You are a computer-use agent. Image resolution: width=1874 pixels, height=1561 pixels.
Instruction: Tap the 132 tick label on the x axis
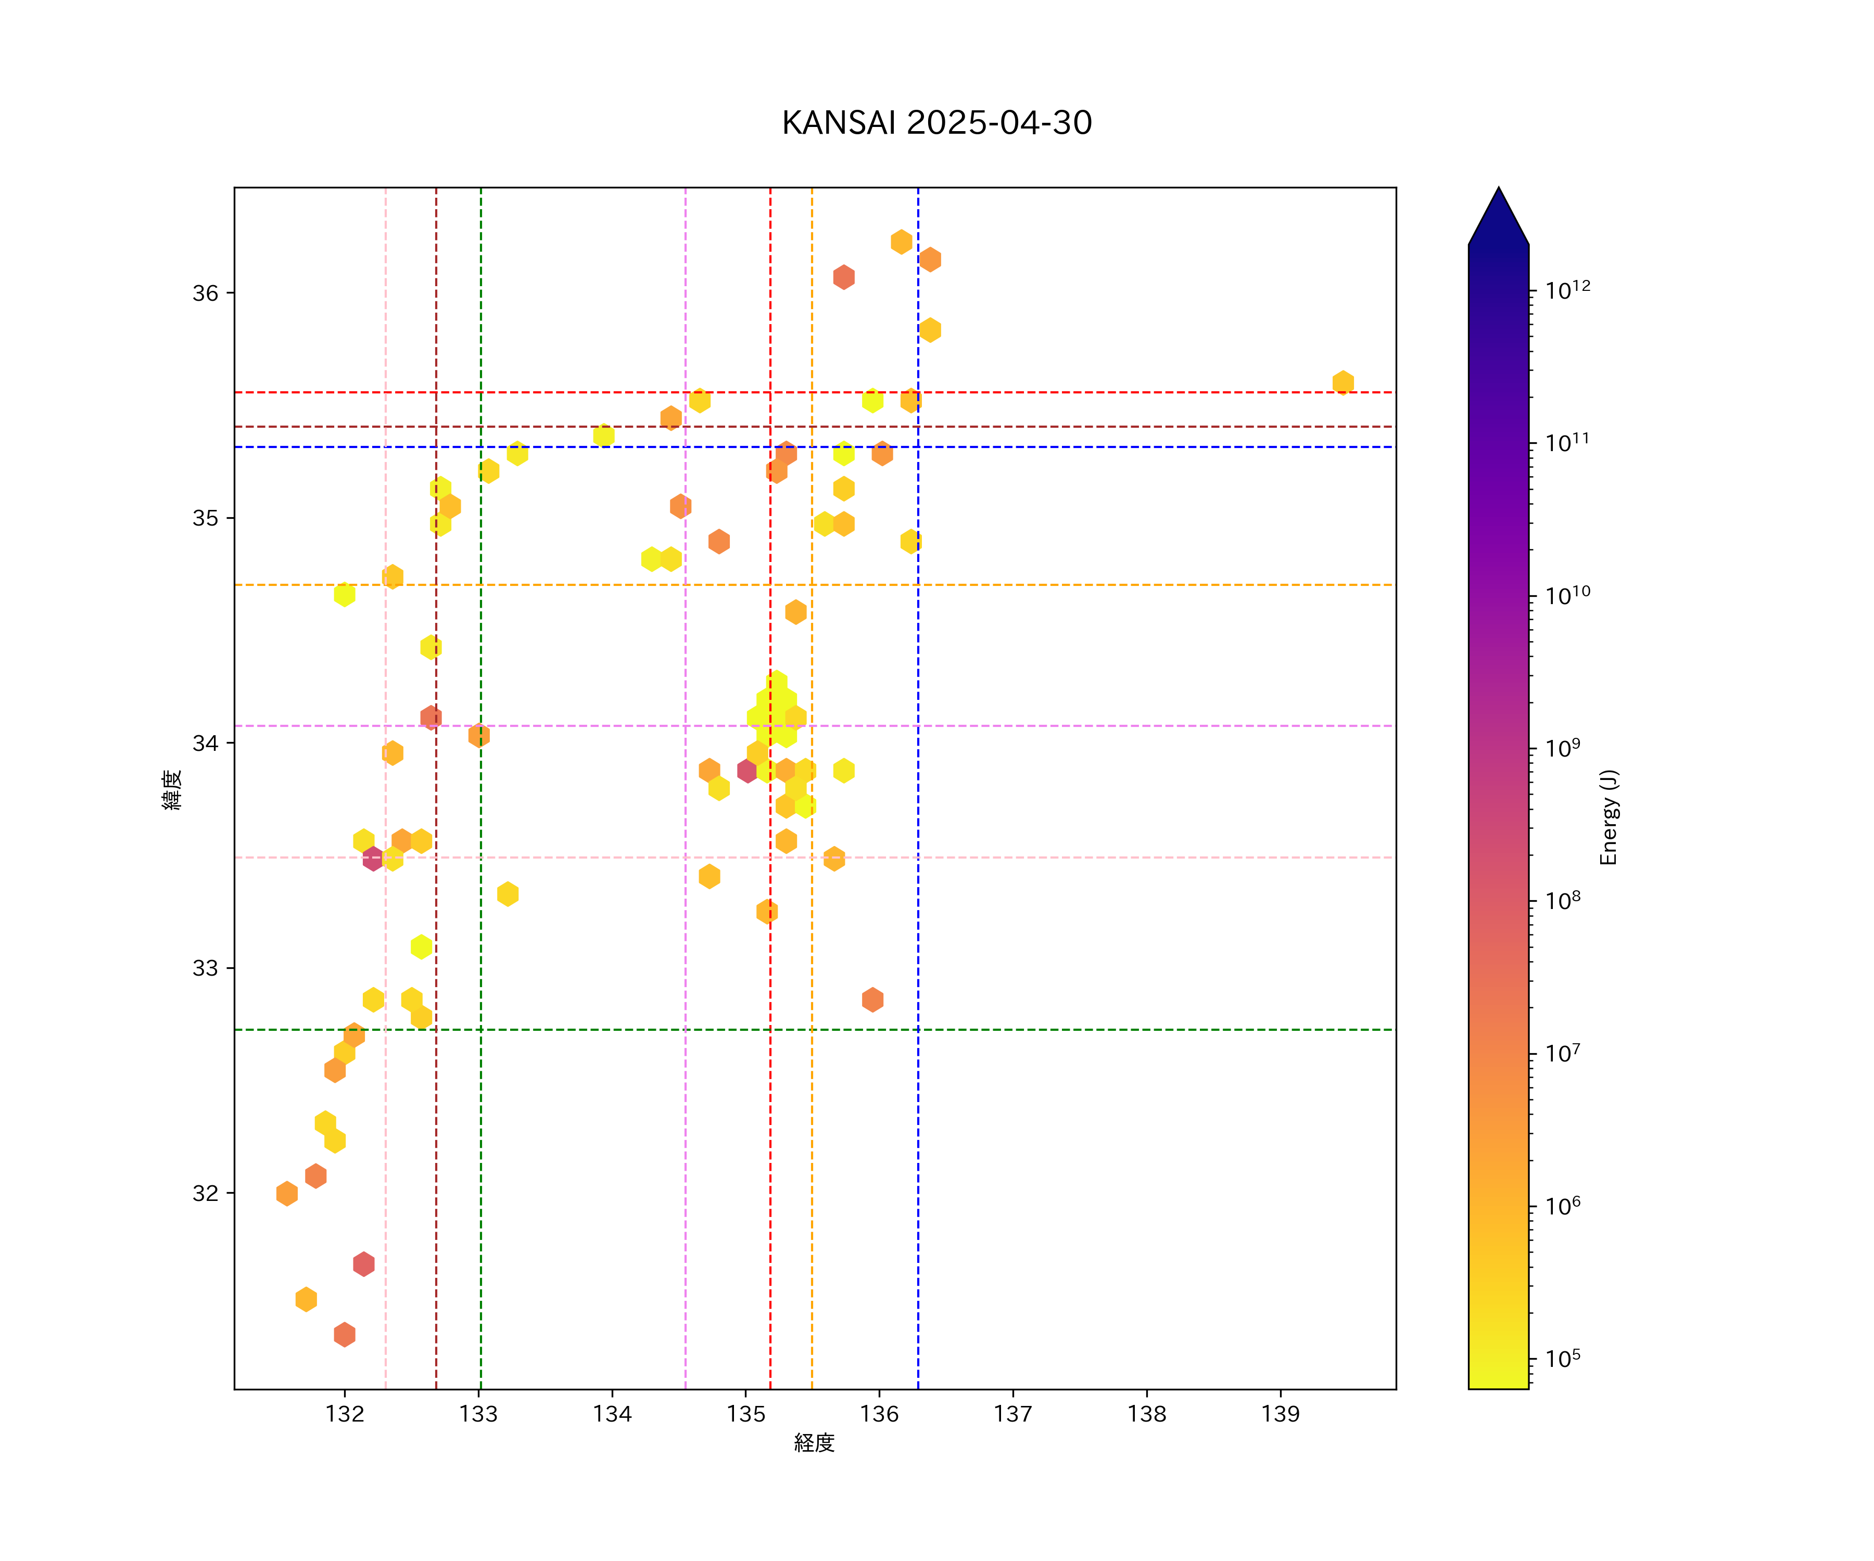point(345,1415)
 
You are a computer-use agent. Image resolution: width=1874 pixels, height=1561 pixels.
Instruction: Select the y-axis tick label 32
point(205,1194)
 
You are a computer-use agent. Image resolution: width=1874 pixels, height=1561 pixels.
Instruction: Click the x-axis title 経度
point(814,1443)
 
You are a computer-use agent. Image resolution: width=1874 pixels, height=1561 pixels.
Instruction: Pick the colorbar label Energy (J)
point(1608,817)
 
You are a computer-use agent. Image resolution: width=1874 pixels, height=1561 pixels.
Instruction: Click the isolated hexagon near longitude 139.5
point(1342,382)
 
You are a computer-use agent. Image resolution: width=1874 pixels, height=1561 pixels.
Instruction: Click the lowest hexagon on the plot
point(345,1335)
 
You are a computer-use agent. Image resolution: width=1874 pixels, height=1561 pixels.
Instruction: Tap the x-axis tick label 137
point(1013,1415)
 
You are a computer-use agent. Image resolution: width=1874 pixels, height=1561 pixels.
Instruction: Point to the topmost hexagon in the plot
point(901,242)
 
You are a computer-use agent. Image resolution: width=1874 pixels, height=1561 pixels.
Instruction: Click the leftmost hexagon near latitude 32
point(286,1194)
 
